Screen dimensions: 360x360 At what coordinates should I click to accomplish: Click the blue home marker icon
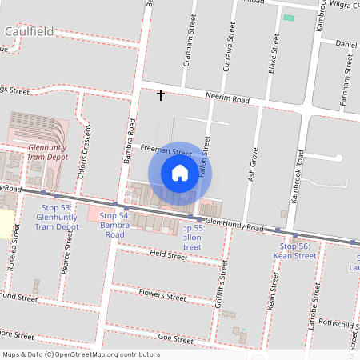(x=180, y=172)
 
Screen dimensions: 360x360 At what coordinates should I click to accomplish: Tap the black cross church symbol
(x=161, y=95)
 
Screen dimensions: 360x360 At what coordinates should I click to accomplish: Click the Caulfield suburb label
(x=29, y=32)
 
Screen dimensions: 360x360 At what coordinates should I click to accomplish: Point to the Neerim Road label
(x=227, y=100)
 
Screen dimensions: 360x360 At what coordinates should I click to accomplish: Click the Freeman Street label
(x=166, y=150)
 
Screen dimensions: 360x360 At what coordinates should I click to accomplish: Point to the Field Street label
(x=168, y=254)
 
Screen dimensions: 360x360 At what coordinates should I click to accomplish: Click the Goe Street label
(x=176, y=338)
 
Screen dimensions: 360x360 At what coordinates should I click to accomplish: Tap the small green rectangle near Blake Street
(x=288, y=17)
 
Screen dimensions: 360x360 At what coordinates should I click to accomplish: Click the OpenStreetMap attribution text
(x=80, y=354)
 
